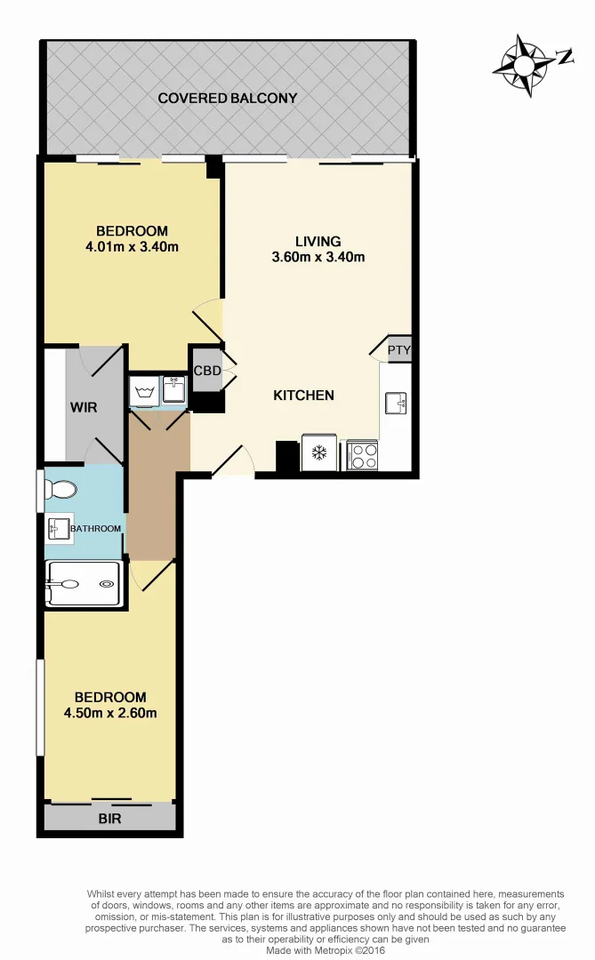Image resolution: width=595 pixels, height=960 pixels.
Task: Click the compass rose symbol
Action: [531, 63]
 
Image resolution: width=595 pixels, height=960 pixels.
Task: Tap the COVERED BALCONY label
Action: [227, 98]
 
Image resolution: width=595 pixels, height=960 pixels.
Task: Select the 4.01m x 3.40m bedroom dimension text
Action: [133, 246]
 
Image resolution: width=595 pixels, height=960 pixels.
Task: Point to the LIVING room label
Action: [318, 241]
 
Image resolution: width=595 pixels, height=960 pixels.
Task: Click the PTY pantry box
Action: [399, 349]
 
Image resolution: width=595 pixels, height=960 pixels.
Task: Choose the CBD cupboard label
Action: [207, 370]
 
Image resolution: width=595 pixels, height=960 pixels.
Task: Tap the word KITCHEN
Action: [303, 395]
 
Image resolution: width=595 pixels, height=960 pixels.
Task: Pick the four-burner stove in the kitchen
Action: [363, 454]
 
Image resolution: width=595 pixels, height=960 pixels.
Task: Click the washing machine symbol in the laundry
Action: [144, 390]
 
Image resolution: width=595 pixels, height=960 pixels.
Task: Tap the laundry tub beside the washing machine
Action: [173, 389]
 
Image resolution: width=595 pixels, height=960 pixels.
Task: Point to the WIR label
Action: [84, 407]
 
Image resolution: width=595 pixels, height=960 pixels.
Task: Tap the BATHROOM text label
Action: [96, 529]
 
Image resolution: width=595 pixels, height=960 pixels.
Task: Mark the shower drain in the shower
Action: [107, 584]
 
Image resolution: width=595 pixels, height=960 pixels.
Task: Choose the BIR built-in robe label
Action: [110, 818]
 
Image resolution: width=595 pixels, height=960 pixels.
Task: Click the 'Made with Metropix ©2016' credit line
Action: [326, 949]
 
